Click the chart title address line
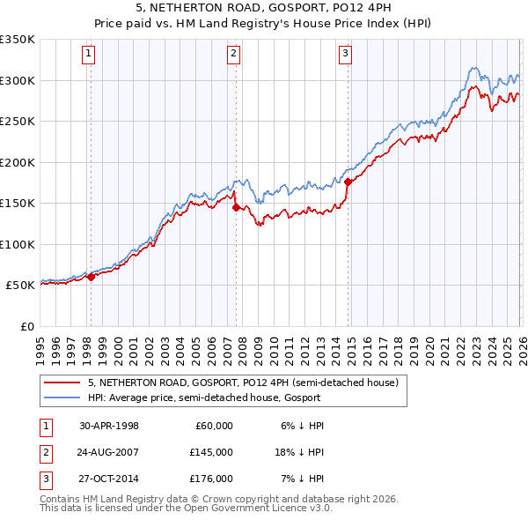[x=264, y=8]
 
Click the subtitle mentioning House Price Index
[x=264, y=23]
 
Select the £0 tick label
[x=26, y=326]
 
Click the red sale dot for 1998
[x=91, y=277]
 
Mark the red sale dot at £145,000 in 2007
[x=236, y=208]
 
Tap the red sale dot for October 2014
[x=348, y=182]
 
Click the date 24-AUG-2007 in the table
[x=109, y=451]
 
